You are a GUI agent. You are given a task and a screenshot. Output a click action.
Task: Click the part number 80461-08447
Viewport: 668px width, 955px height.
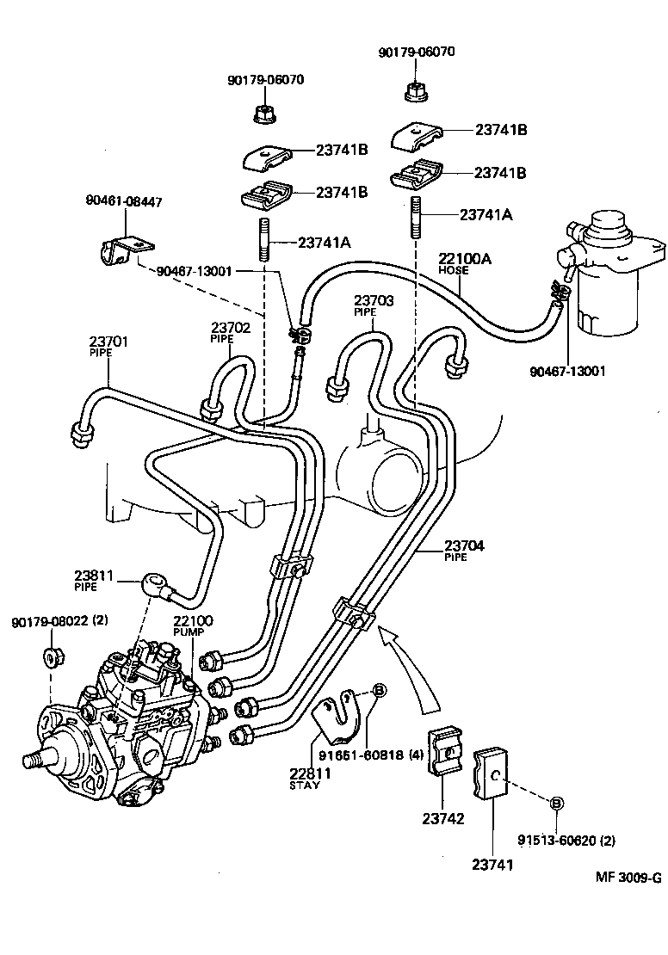[x=123, y=202]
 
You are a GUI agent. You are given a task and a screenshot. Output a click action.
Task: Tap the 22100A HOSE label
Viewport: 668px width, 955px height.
[x=465, y=262]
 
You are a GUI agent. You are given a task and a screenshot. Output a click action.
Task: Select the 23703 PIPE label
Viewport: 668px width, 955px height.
[x=374, y=305]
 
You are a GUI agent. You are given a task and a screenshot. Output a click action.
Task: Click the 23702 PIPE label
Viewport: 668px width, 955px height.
[x=230, y=332]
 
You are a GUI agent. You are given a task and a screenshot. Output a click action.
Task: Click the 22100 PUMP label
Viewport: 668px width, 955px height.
[x=192, y=625]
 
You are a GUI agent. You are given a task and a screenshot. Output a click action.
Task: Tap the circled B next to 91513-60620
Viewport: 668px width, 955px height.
[x=556, y=803]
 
